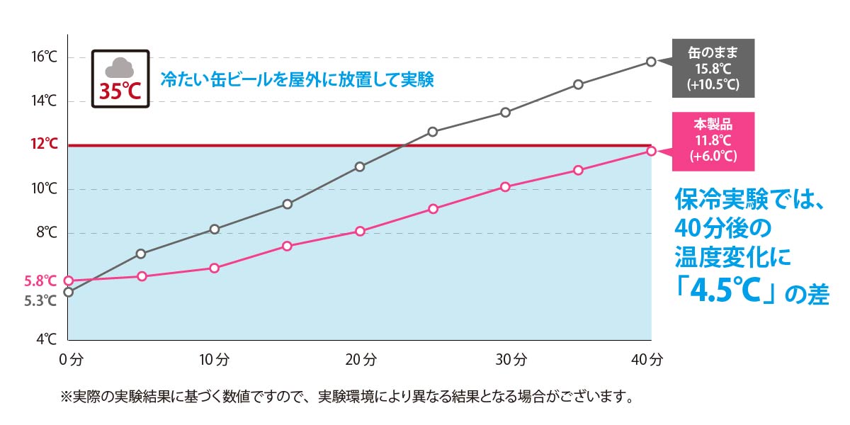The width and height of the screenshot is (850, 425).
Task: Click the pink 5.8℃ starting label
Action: click(x=40, y=280)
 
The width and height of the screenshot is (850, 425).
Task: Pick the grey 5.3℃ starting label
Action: click(x=40, y=301)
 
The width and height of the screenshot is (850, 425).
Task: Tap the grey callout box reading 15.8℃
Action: click(x=713, y=68)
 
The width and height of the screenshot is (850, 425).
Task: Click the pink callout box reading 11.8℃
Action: click(x=713, y=142)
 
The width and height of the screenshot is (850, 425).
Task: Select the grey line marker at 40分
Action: click(x=651, y=62)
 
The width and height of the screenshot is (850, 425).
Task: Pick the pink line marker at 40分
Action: click(x=651, y=151)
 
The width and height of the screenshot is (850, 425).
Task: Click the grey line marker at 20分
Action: click(x=360, y=166)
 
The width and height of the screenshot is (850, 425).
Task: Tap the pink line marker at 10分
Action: click(x=215, y=268)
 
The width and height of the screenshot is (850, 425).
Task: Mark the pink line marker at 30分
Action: click(x=505, y=187)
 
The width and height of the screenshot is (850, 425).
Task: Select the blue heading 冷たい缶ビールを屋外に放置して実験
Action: click(x=297, y=78)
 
